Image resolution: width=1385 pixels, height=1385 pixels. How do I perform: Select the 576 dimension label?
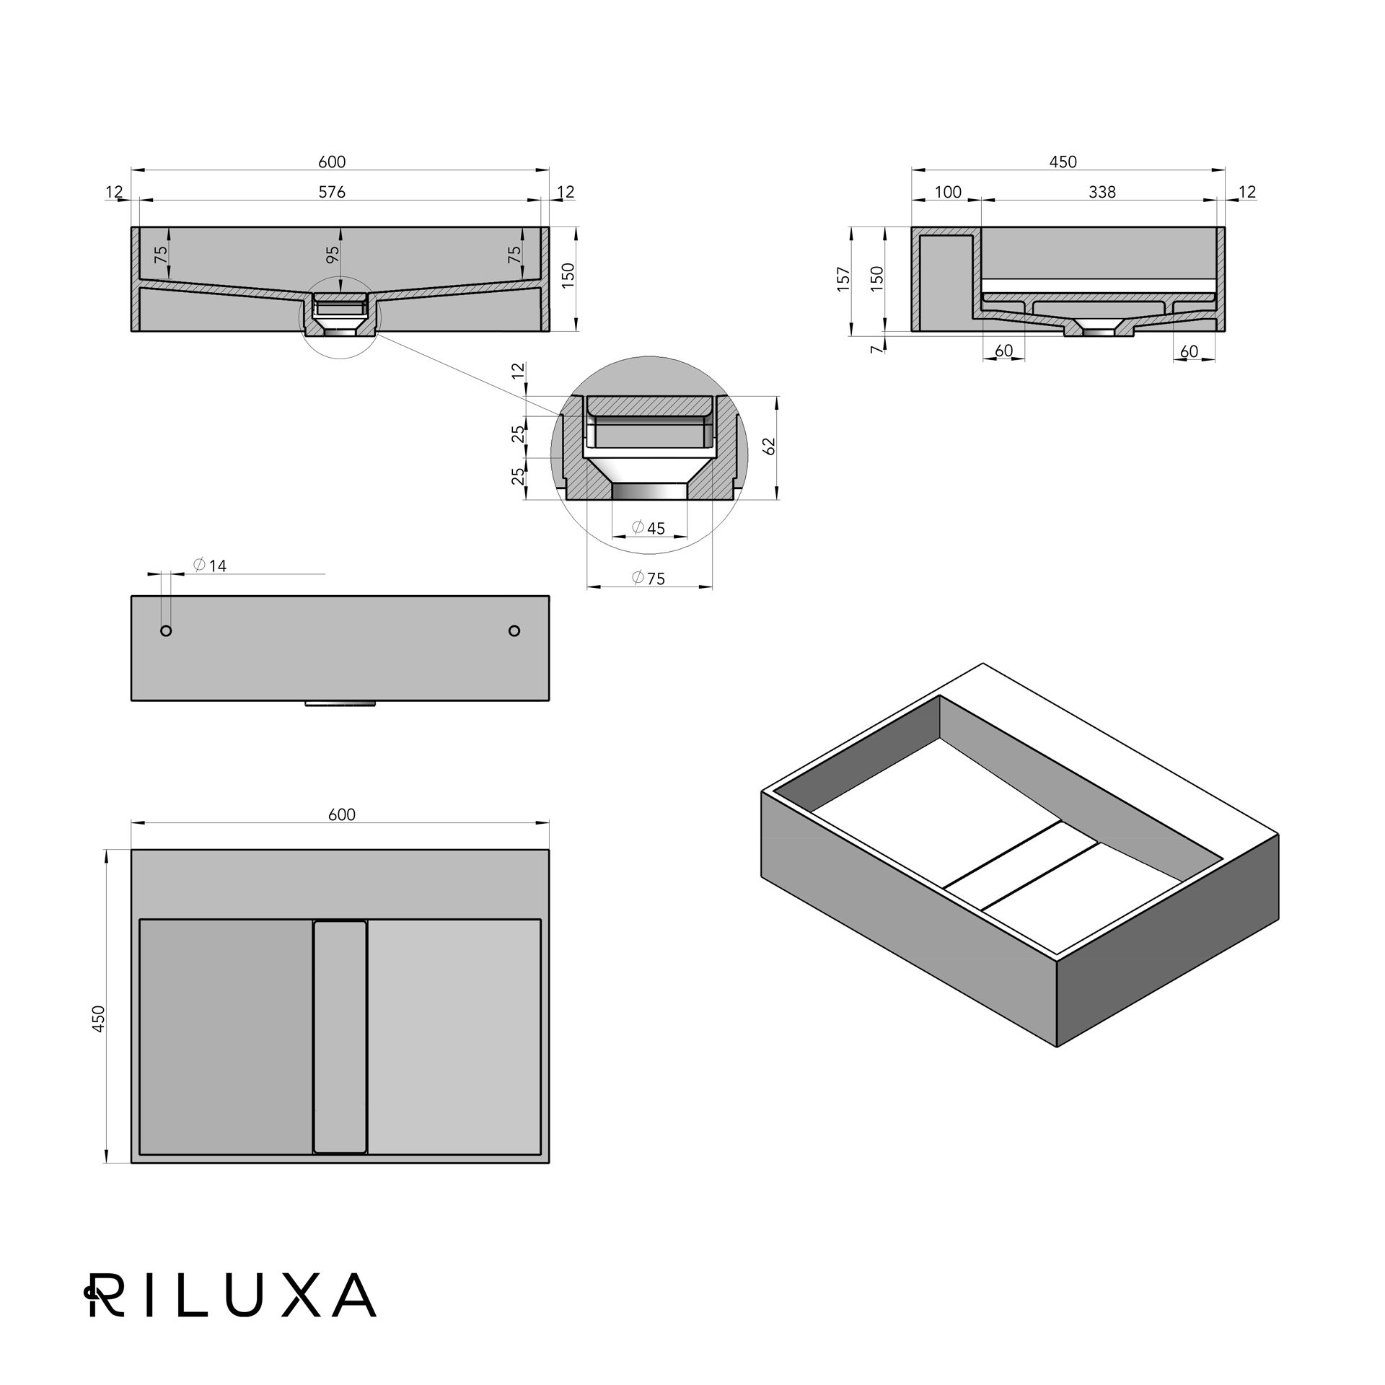point(332,192)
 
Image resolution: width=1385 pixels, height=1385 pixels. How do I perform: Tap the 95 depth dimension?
point(333,255)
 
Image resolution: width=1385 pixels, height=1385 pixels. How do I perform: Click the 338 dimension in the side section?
point(1102,192)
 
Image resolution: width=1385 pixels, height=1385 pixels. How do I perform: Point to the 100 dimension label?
point(948,192)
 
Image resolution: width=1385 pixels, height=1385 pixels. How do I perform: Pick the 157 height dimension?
point(843,280)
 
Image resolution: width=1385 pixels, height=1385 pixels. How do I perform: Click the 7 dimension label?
point(876,349)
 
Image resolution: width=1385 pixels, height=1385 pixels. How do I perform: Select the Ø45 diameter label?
point(648,528)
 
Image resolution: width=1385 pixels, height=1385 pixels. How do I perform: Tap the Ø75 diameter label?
point(648,578)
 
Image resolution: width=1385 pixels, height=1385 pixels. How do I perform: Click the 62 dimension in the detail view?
point(769,447)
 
